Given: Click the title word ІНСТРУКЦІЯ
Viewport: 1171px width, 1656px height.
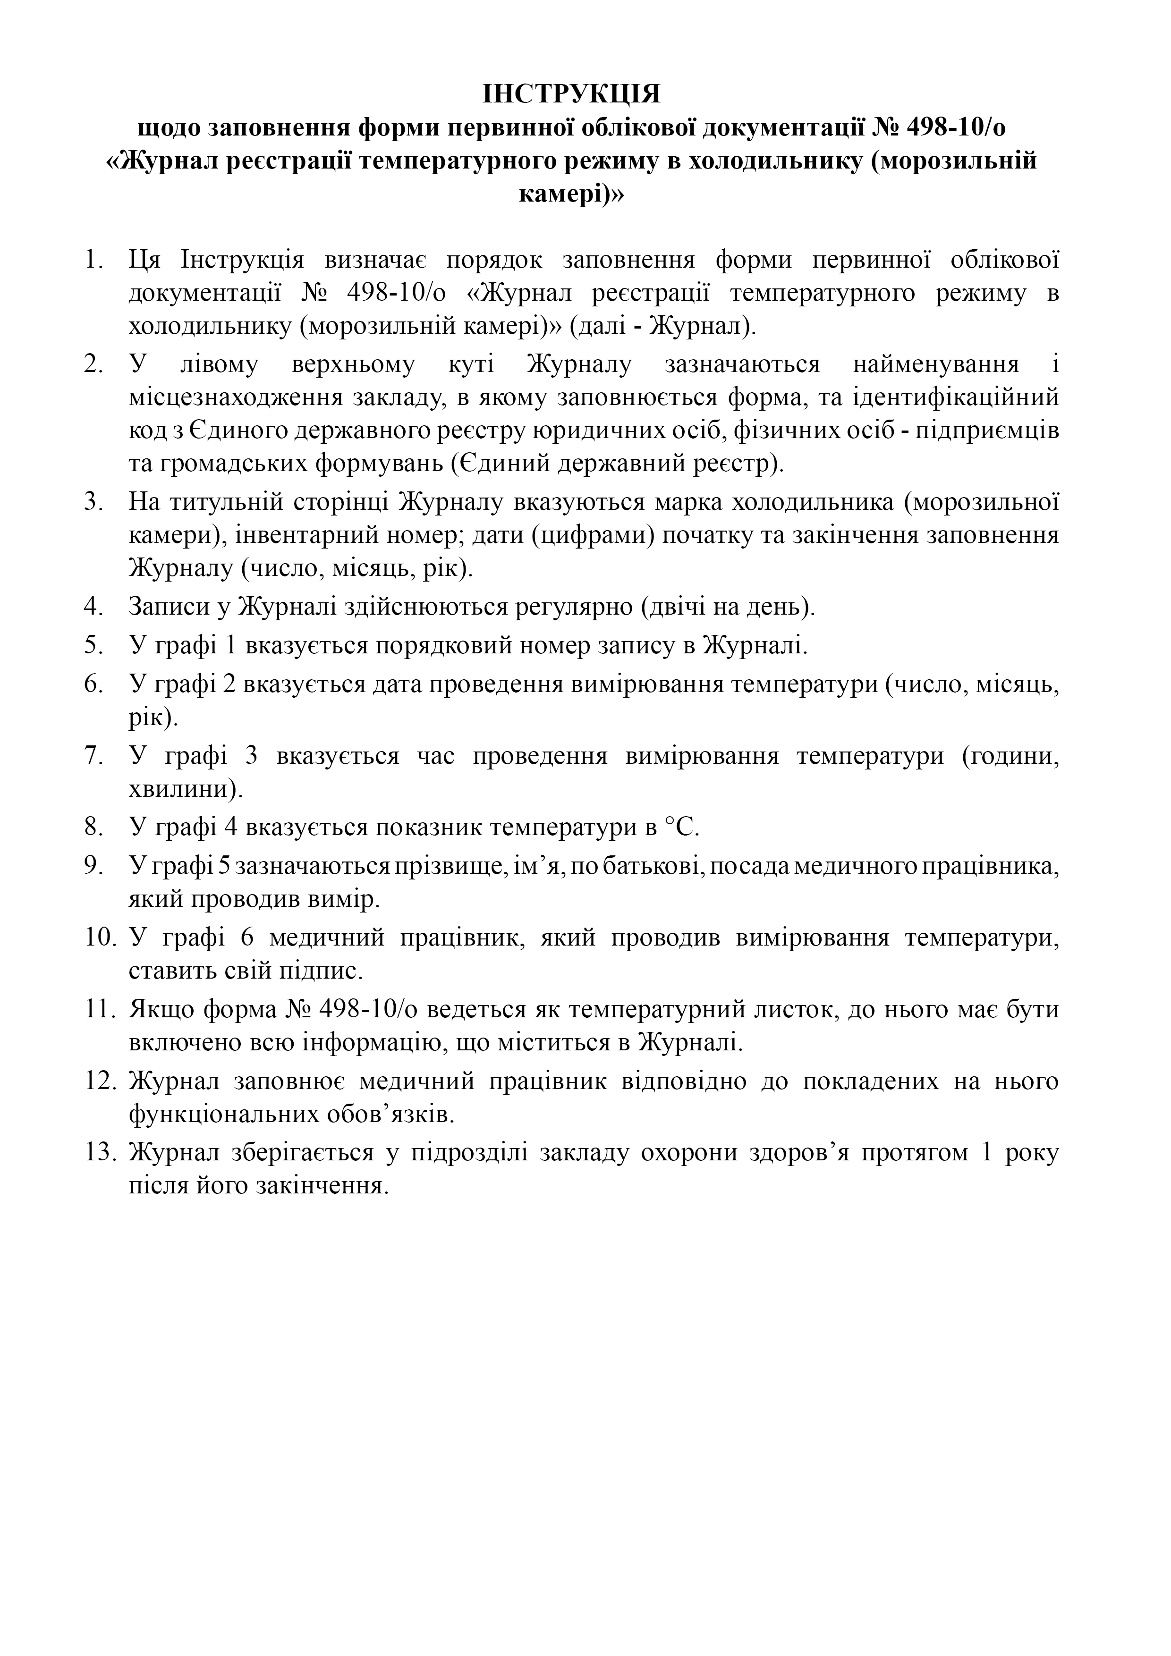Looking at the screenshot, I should pyautogui.click(x=571, y=94).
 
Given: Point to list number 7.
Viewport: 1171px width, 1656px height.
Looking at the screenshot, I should pyautogui.click(x=94, y=757).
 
